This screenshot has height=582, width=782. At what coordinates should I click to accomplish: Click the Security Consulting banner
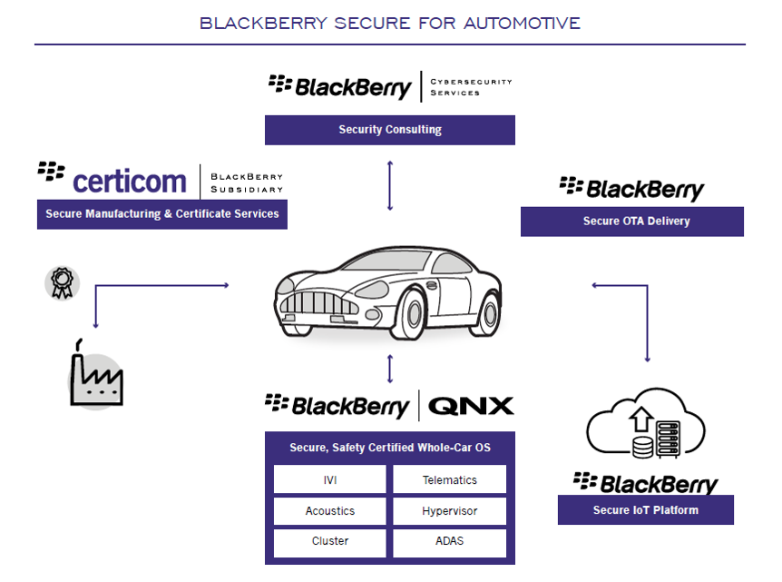pos(390,130)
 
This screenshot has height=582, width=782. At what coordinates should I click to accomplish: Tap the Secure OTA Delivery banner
pos(631,222)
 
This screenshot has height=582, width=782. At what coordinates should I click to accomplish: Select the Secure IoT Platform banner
pos(645,510)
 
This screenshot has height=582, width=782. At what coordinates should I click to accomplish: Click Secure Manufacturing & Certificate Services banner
pos(162,214)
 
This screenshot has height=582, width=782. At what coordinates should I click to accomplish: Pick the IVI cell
pos(329,479)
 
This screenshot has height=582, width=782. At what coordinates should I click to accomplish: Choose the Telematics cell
pos(449,479)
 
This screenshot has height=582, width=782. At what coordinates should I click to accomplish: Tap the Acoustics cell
pos(329,511)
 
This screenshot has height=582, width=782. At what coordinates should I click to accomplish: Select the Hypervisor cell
pos(449,511)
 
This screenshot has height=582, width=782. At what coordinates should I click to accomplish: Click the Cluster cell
pos(329,541)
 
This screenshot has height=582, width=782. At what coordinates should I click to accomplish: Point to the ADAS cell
pos(449,541)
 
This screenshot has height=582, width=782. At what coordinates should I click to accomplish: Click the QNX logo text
pos(471,405)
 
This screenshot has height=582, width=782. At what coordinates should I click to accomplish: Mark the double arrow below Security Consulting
pos(390,185)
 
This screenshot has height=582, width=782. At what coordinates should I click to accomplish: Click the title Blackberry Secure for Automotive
pos(390,23)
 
